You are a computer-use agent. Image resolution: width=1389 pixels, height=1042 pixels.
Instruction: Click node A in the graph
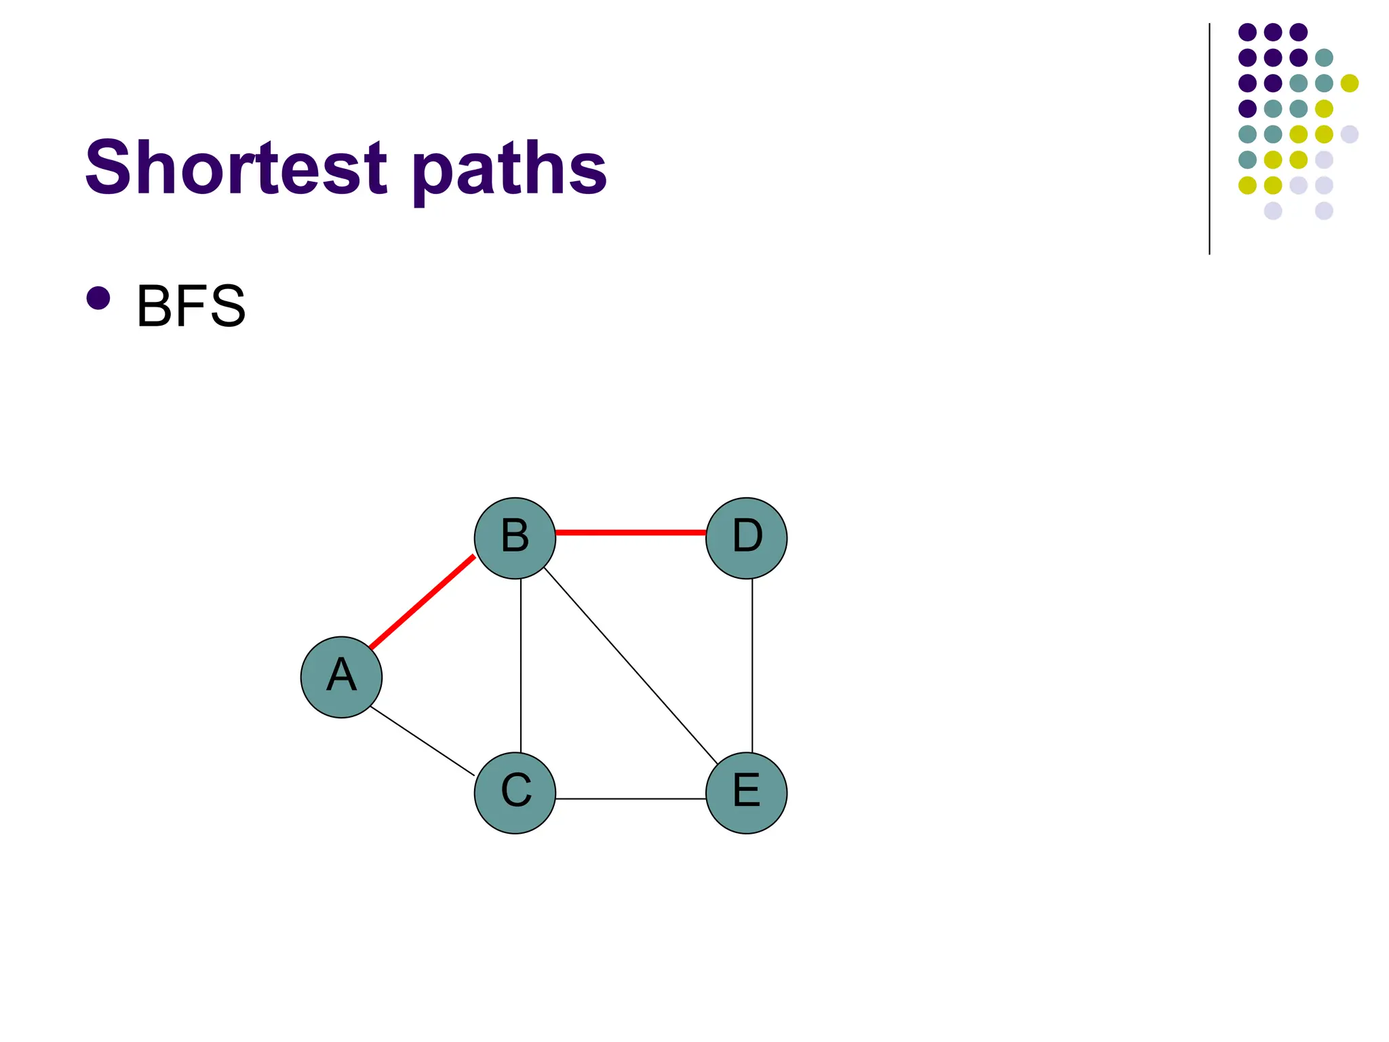point(341,677)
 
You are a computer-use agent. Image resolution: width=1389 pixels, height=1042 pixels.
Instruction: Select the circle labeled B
point(515,538)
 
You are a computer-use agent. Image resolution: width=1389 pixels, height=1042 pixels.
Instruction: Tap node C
point(515,792)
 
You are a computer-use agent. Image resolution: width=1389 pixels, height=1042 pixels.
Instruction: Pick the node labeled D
point(746,538)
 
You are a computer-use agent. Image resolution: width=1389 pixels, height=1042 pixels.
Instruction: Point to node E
point(746,792)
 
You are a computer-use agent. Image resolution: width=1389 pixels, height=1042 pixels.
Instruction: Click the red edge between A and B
point(422,602)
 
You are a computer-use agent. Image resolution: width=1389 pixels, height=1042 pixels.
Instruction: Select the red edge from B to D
point(631,533)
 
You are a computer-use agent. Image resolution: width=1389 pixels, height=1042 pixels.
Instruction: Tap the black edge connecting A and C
point(422,740)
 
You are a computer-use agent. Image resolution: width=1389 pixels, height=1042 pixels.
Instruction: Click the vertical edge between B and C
point(521,665)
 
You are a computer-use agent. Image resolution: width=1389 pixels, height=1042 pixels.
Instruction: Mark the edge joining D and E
point(752,665)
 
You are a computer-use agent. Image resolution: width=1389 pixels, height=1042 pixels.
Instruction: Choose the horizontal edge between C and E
point(631,798)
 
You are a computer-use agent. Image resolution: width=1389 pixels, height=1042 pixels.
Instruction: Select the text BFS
point(191,307)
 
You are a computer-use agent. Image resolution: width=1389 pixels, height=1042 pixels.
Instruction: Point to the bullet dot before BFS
point(98,298)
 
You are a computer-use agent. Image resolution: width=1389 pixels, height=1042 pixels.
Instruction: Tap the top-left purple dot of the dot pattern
point(1247,32)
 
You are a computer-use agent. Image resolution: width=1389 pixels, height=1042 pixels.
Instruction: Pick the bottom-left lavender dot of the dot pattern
point(1273,210)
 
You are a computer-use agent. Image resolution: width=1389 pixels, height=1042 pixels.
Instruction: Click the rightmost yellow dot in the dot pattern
point(1350,83)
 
